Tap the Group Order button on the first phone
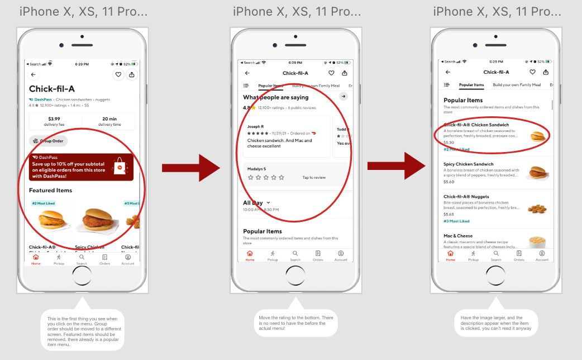coord(49,141)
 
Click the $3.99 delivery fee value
coord(54,119)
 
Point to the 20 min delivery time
coord(109,119)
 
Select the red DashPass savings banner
coord(81,167)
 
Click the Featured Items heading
coord(50,191)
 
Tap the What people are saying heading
coord(275,98)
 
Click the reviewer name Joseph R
coord(255,127)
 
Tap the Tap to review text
coord(314,177)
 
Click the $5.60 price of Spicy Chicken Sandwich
coord(449,182)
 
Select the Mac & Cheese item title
coord(458,236)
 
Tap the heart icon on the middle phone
coord(331,73)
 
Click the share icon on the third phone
coord(546,72)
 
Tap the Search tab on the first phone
coord(82,259)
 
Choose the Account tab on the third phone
coord(542,255)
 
